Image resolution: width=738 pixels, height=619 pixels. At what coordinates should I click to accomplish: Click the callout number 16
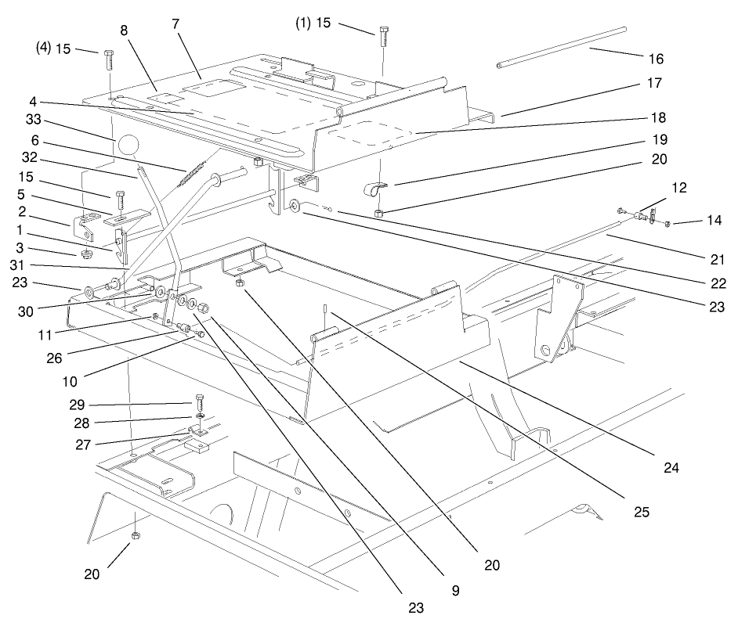coord(657,59)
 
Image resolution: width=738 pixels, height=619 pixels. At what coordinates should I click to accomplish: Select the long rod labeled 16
coord(563,47)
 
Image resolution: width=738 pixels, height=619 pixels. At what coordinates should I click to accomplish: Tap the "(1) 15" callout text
coord(313,23)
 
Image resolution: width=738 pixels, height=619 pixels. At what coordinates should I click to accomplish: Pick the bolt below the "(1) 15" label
coord(383,36)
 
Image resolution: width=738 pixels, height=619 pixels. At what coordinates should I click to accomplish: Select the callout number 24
coord(670,470)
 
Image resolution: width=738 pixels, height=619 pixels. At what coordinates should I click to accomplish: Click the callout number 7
coord(175,23)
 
